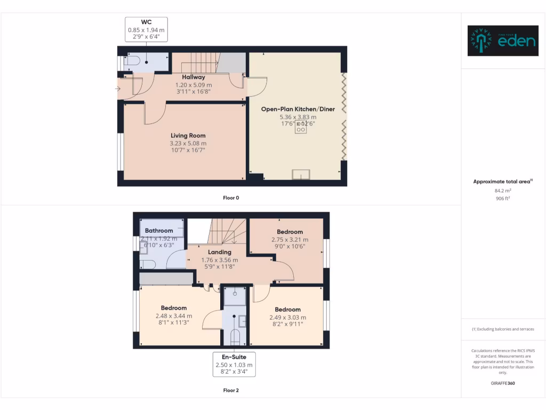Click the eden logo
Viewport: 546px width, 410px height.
coord(502,41)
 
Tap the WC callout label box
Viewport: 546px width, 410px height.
coord(146,29)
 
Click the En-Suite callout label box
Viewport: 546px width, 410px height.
coord(234,364)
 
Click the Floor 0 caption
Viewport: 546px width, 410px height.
coord(231,198)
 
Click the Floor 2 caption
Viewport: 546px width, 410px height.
coord(231,390)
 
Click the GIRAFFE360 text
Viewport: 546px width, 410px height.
coord(503,383)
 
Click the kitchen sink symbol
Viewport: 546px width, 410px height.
coord(301,174)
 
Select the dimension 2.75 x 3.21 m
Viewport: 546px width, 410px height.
coord(290,240)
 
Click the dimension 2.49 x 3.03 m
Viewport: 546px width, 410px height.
coord(287,317)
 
